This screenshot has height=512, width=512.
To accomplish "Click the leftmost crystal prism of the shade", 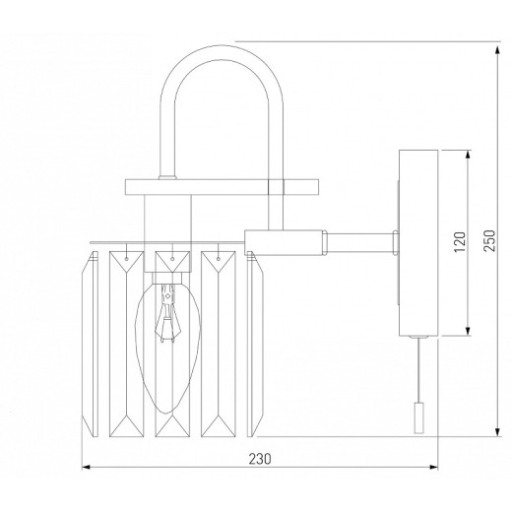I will click(92, 345).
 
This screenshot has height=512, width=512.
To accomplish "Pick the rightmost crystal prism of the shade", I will click(258, 345).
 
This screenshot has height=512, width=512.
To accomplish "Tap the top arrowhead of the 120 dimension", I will click(469, 153).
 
